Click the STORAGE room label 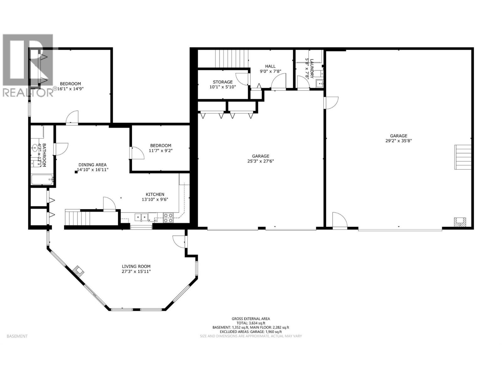[223, 82]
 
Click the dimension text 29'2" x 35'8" [398, 141]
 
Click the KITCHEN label [155, 194]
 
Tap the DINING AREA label [92, 164]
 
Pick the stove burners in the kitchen [168, 218]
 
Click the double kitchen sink [141, 217]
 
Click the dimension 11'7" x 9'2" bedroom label [161, 150]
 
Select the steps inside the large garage [463, 157]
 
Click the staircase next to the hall [232, 58]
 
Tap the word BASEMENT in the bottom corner [17, 336]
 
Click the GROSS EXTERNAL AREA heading [251, 319]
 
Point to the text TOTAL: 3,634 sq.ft [251, 323]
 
